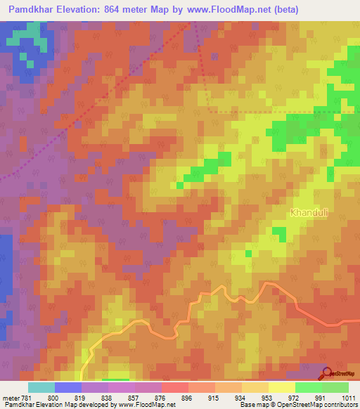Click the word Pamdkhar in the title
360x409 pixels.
pos(34,9)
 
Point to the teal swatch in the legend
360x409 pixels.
pos(41,387)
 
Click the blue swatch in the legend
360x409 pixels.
pos(67,387)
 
